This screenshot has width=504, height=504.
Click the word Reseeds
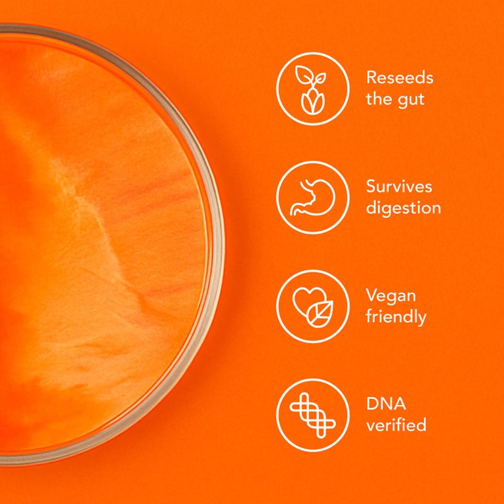[400, 77]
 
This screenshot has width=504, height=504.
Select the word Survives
[399, 186]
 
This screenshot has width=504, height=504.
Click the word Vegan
[391, 296]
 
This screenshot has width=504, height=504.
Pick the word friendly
[396, 318]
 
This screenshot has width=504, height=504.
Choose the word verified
[396, 425]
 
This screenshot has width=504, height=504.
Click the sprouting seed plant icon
[312, 89]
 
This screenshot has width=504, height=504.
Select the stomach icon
[312, 198]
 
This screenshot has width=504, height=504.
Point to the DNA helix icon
[312, 415]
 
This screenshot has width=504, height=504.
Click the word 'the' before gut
[378, 100]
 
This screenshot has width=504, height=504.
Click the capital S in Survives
[371, 186]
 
